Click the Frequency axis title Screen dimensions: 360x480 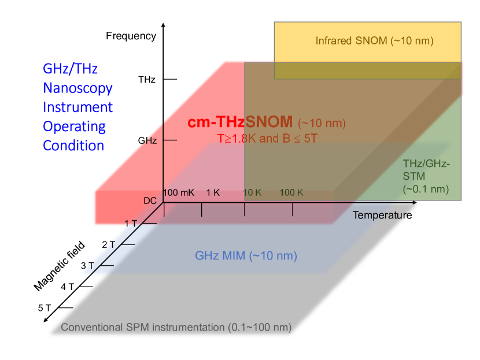point(131,36)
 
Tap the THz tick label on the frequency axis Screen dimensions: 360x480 point(147,79)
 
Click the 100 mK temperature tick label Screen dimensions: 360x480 point(179,192)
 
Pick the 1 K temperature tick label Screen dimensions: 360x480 point(213,192)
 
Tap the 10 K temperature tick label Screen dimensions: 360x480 point(252,192)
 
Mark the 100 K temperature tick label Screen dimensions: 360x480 point(291,192)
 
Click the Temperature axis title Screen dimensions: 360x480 point(382,216)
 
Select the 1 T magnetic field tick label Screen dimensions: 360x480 point(132,223)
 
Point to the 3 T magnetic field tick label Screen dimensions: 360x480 point(87,266)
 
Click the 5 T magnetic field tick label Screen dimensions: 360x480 point(45,308)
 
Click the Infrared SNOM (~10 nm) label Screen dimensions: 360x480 point(374,41)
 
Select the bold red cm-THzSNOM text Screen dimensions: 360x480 point(240,123)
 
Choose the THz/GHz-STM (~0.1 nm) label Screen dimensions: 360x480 point(426,176)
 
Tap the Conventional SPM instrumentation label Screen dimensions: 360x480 point(176,327)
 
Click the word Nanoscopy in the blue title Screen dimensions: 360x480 point(77,88)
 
